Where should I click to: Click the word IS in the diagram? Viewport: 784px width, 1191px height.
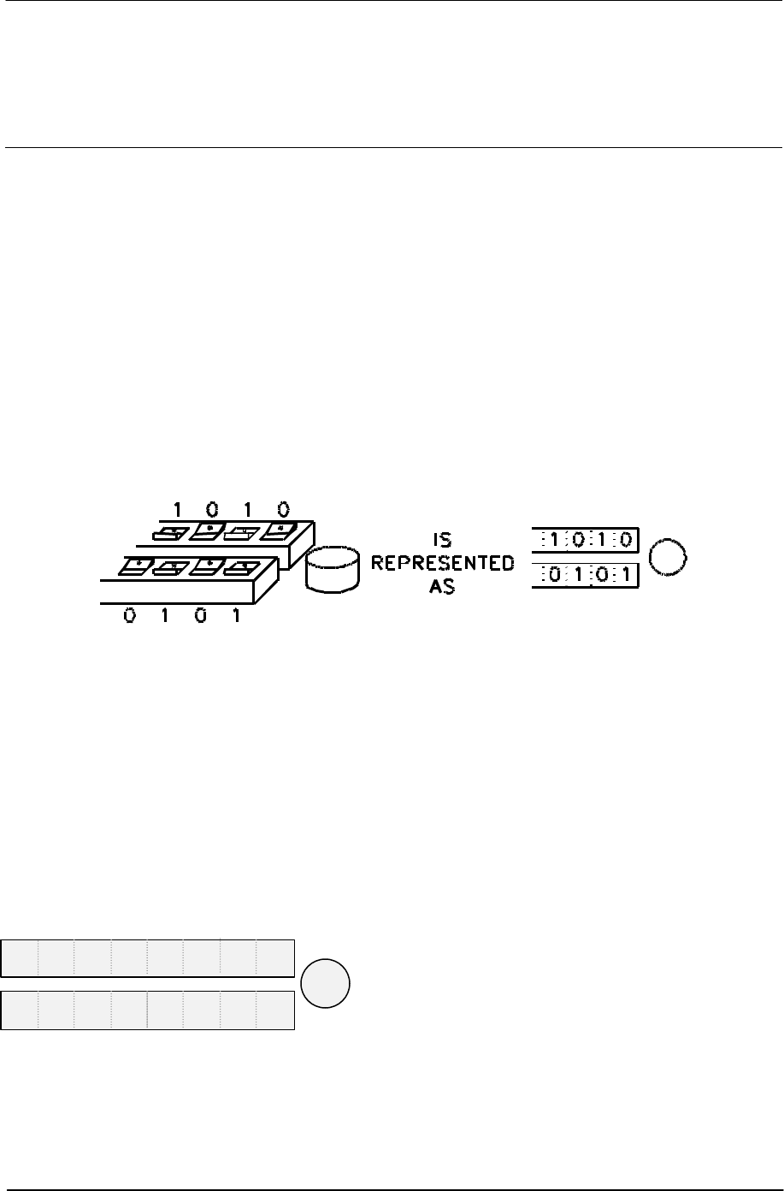point(442,541)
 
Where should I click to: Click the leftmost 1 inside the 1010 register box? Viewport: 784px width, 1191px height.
point(555,542)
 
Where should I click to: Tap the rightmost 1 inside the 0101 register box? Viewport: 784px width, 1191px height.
point(624,574)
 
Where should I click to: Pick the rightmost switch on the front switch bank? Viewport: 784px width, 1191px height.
point(244,566)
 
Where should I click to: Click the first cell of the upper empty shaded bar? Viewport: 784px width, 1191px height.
point(20,957)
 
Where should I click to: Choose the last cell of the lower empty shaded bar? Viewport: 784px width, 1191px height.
point(275,1010)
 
